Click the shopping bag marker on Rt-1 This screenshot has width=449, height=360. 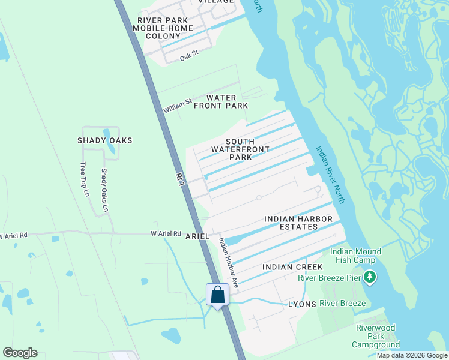click(x=217, y=295)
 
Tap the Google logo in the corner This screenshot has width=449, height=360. click(x=20, y=353)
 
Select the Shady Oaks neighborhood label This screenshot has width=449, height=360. click(x=104, y=140)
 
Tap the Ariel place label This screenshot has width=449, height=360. click(x=197, y=236)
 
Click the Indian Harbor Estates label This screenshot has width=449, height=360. click(x=291, y=223)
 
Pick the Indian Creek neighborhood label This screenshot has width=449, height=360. click(x=292, y=266)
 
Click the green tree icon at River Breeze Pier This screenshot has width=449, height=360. click(x=370, y=277)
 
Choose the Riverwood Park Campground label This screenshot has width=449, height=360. click(x=375, y=337)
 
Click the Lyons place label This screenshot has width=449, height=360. click(x=302, y=305)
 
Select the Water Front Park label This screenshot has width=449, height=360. click(x=227, y=101)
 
